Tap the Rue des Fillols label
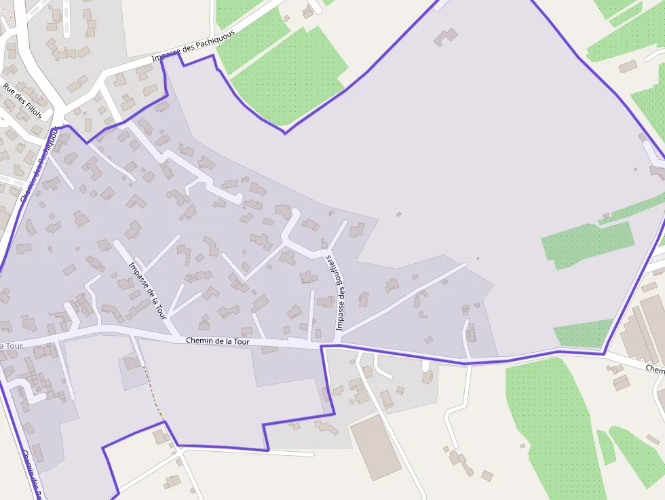click(22, 100)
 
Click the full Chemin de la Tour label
click(218, 341)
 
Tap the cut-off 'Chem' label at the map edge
click(655, 368)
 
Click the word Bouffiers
click(335, 276)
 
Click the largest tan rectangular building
click(375, 446)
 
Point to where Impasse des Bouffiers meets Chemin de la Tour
click(337, 339)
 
